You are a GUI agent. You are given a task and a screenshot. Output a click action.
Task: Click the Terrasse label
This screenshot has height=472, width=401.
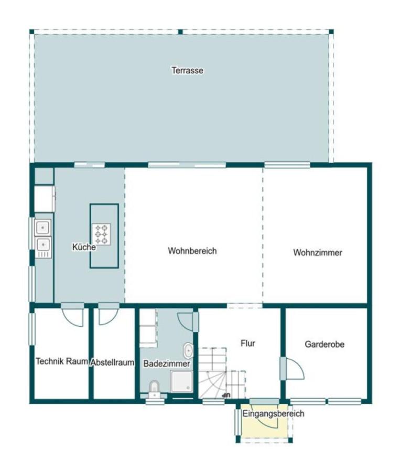click(187, 70)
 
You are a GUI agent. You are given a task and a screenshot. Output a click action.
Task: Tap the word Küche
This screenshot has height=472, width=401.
click(84, 247)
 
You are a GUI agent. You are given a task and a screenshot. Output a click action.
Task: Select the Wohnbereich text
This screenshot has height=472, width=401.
click(192, 251)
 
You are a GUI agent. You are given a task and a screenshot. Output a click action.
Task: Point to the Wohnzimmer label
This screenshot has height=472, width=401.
click(317, 252)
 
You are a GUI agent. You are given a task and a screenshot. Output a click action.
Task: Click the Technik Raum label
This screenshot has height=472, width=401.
click(61, 361)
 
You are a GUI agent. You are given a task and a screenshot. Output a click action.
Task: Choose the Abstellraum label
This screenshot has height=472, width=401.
click(112, 362)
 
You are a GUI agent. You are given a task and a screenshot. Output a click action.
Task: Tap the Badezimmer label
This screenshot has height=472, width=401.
click(166, 363)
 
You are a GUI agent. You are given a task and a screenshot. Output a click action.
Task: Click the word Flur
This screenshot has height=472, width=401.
click(247, 344)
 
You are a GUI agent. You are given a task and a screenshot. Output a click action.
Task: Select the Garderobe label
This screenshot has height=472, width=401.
click(324, 345)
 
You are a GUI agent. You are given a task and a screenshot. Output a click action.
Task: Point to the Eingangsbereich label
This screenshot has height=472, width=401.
click(273, 414)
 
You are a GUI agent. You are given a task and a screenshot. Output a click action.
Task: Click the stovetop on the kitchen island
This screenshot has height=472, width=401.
click(102, 233)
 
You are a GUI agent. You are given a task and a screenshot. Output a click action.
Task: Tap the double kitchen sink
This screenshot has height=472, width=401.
click(42, 236)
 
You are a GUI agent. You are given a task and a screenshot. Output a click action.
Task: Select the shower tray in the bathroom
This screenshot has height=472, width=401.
click(182, 381)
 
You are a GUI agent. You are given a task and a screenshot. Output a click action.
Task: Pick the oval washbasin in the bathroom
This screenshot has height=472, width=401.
click(188, 351)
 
